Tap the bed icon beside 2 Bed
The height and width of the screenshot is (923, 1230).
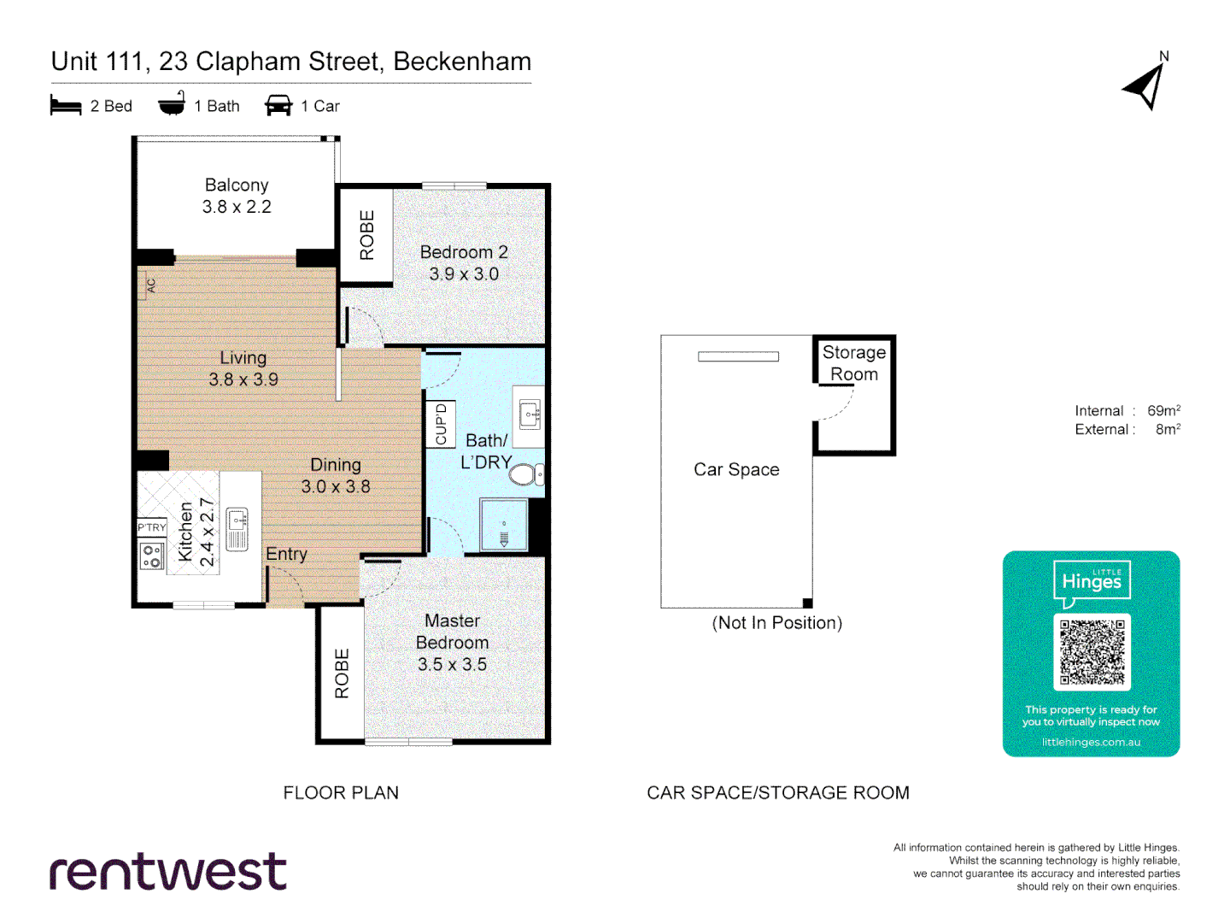66,106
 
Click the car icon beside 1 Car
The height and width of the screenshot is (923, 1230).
278,106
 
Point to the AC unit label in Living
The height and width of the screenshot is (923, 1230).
150,285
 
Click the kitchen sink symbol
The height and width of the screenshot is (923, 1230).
237,528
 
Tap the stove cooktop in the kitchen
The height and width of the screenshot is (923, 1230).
152,556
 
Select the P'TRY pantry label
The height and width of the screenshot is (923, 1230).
152,527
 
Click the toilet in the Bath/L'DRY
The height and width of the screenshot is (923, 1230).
524,474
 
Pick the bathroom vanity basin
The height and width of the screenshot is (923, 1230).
530,416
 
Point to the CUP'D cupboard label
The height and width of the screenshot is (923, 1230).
441,424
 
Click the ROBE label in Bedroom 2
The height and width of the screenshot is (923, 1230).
367,235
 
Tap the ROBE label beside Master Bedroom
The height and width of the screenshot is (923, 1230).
342,673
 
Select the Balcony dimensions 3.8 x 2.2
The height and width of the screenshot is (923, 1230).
237,207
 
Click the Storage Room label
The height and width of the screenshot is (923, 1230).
853,363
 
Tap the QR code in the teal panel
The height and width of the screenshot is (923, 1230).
1092,651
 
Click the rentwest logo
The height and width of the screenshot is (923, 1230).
168,872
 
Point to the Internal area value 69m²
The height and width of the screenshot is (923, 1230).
1163,411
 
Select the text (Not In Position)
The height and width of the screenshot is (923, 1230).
776,623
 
